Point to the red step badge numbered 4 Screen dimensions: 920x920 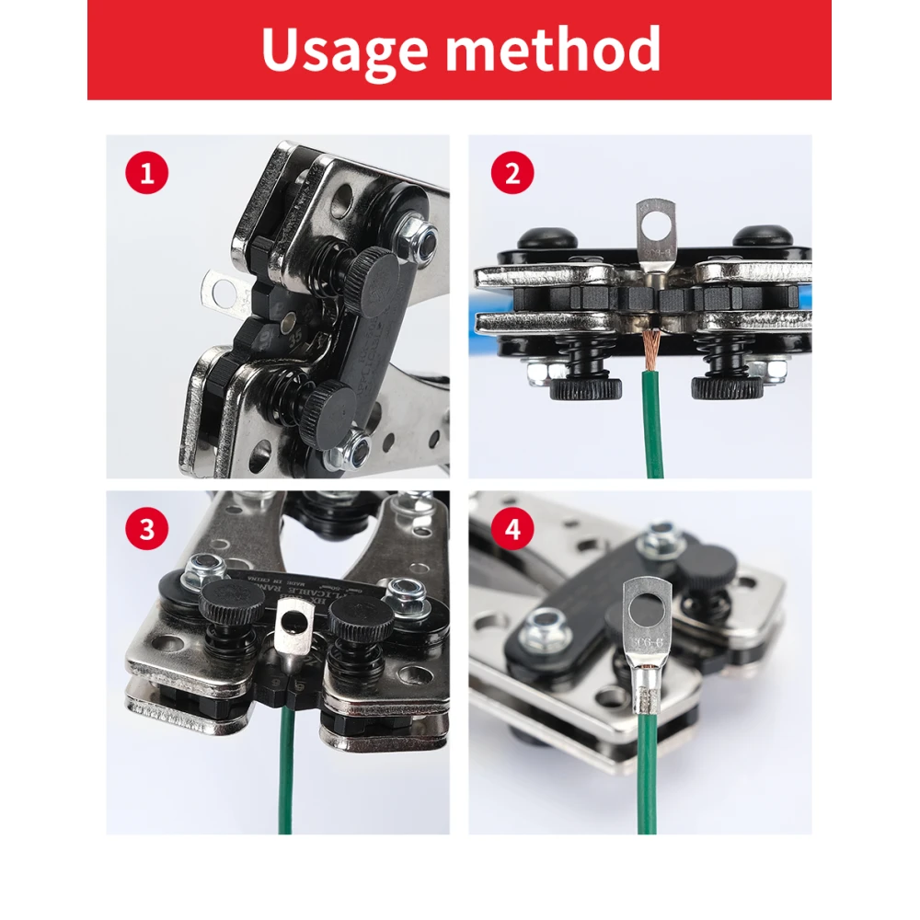(512, 530)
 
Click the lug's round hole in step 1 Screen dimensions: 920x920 (223, 293)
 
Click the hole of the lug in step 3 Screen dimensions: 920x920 (293, 627)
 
